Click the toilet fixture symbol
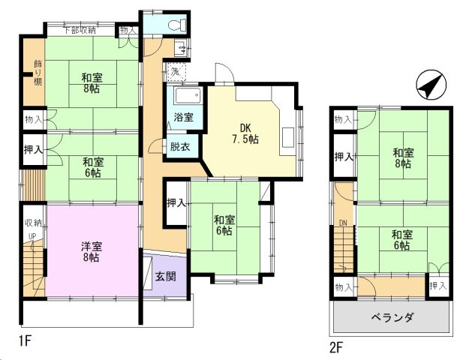pyautogui.click(x=177, y=25)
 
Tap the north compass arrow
pyautogui.click(x=431, y=85)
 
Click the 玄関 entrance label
pyautogui.click(x=166, y=277)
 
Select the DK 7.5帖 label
pyautogui.click(x=245, y=133)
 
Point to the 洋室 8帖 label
pyautogui.click(x=92, y=251)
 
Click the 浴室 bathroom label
pyautogui.click(x=183, y=117)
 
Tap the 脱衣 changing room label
pyautogui.click(x=180, y=147)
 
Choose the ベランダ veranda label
pyautogui.click(x=392, y=318)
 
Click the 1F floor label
pyautogui.click(x=26, y=341)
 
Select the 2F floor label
pyautogui.click(x=336, y=347)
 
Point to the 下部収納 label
pyautogui.click(x=80, y=30)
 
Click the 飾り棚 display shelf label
pyautogui.click(x=38, y=73)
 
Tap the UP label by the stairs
pyautogui.click(x=32, y=236)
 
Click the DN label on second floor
pyautogui.click(x=343, y=223)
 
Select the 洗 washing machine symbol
pyautogui.click(x=176, y=72)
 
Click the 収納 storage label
pyautogui.click(x=34, y=223)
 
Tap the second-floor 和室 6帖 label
pyautogui.click(x=402, y=240)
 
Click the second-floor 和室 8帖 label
pyautogui.click(x=404, y=158)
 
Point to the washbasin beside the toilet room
pyautogui.click(x=180, y=48)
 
